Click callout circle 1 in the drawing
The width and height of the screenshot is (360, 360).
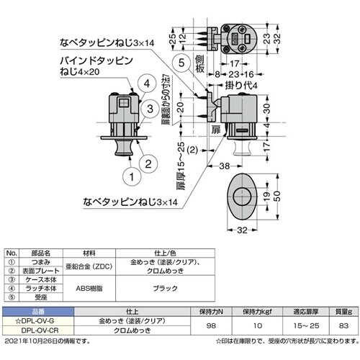tap(131, 174)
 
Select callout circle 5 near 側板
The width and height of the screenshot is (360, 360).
tap(183, 63)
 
